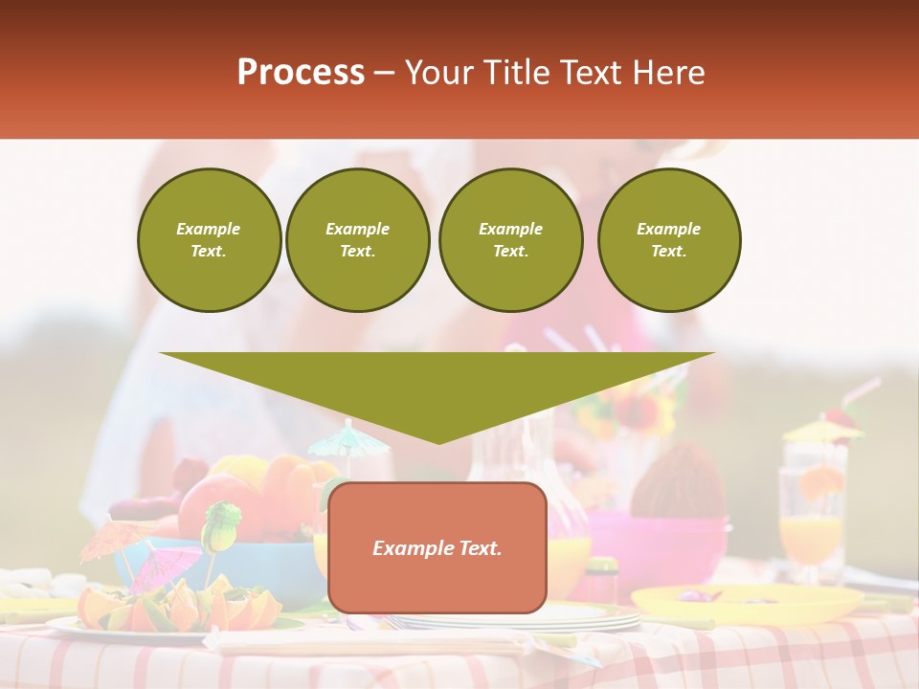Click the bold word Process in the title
[x=301, y=72]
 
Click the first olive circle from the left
[x=209, y=240]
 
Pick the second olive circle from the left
[x=357, y=240]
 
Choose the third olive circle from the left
[x=510, y=240]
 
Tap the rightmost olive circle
[x=668, y=240]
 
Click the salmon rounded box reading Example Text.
[x=437, y=547]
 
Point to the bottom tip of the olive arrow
[x=438, y=442]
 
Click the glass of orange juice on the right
[x=812, y=522]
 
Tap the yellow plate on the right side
[x=747, y=603]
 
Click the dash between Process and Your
[x=384, y=73]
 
